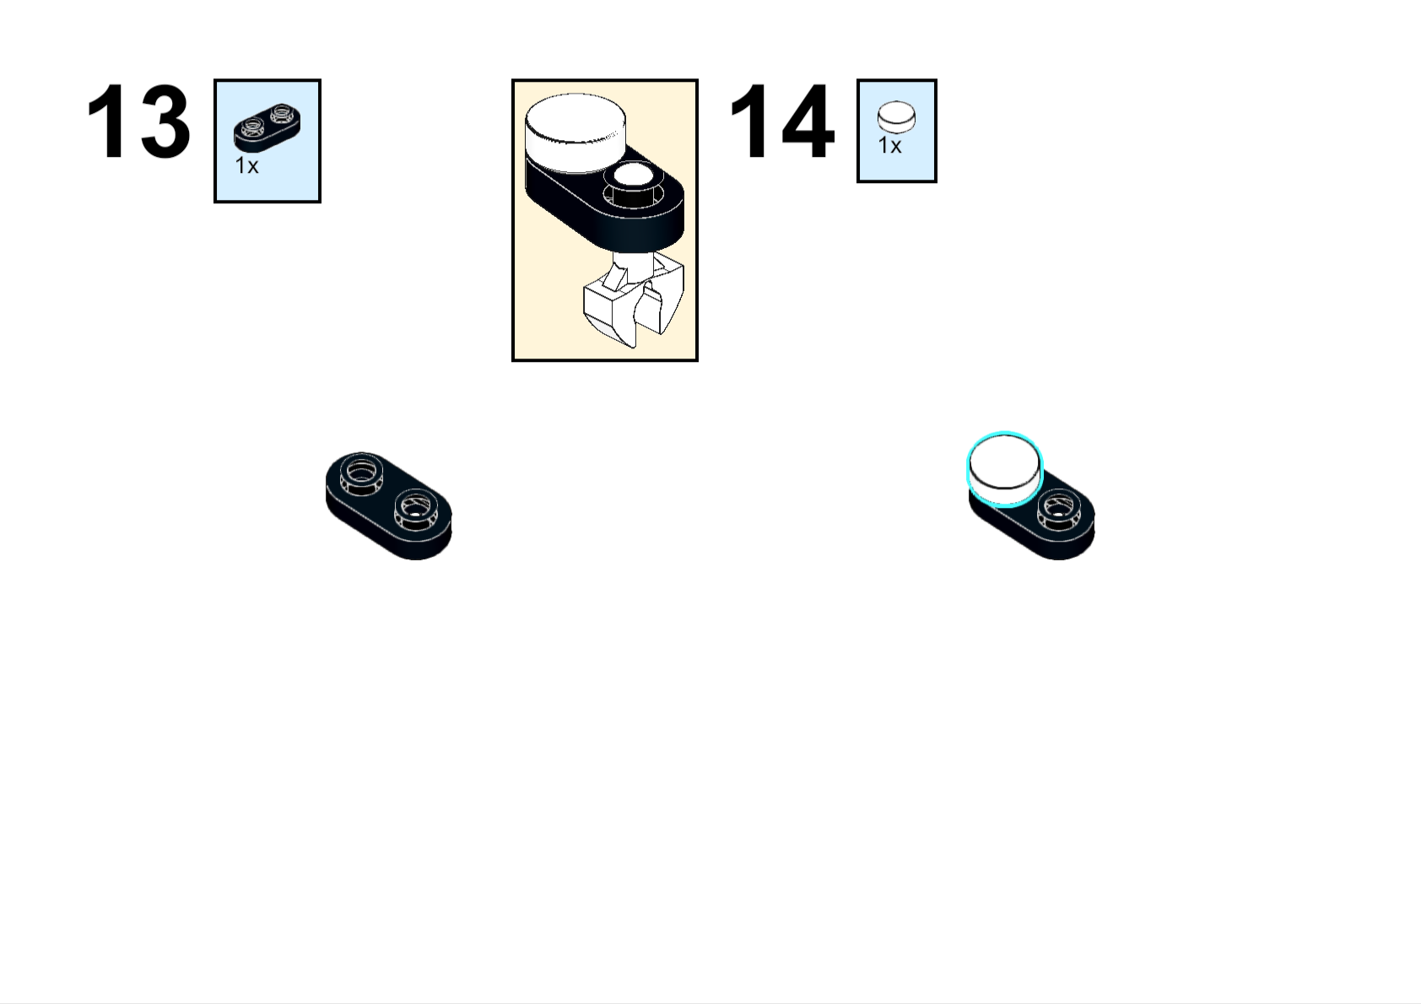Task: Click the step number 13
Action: [x=138, y=121]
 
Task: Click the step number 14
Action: [x=781, y=121]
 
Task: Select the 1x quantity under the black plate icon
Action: [x=246, y=166]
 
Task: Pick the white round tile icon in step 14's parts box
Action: [x=896, y=117]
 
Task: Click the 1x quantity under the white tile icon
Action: [x=889, y=146]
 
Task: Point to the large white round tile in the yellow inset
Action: [x=575, y=127]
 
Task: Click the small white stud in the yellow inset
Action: [x=634, y=176]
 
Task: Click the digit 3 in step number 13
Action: [x=163, y=121]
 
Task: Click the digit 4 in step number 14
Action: [x=806, y=121]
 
